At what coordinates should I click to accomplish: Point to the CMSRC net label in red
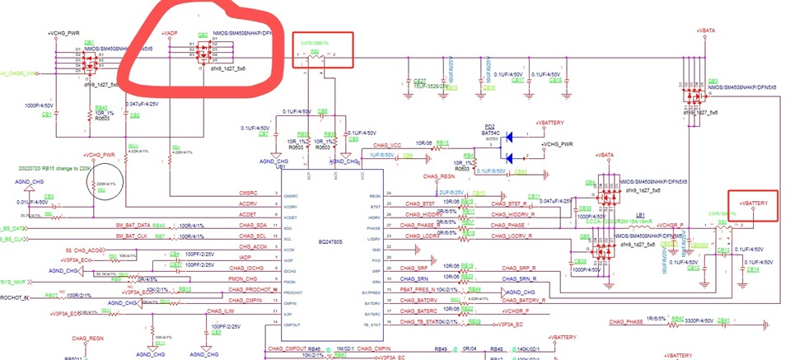[247, 194]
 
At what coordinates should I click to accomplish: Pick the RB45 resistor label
[101, 107]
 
